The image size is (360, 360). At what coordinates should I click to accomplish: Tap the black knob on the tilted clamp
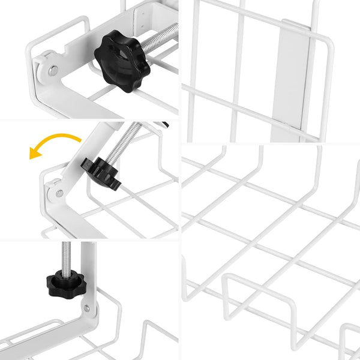click(103, 173)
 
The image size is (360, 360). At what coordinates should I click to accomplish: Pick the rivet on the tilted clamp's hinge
click(59, 193)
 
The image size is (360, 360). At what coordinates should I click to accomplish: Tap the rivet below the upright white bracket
click(88, 308)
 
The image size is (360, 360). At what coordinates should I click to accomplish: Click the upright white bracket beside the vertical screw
click(88, 270)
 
